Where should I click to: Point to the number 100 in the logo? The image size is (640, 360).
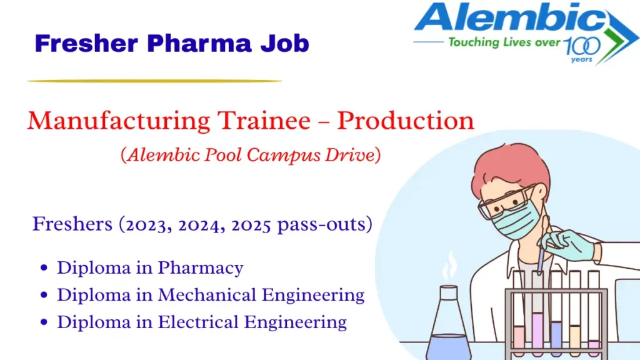(x=581, y=45)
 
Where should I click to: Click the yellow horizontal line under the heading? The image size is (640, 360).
(x=154, y=81)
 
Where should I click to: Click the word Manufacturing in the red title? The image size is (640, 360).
(x=118, y=120)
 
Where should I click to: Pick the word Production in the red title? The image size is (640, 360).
(x=406, y=120)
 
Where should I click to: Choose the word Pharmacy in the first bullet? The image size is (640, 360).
(x=200, y=267)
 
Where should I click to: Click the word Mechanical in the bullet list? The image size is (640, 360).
(x=209, y=294)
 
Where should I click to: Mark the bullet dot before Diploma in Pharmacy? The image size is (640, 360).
(x=44, y=268)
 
